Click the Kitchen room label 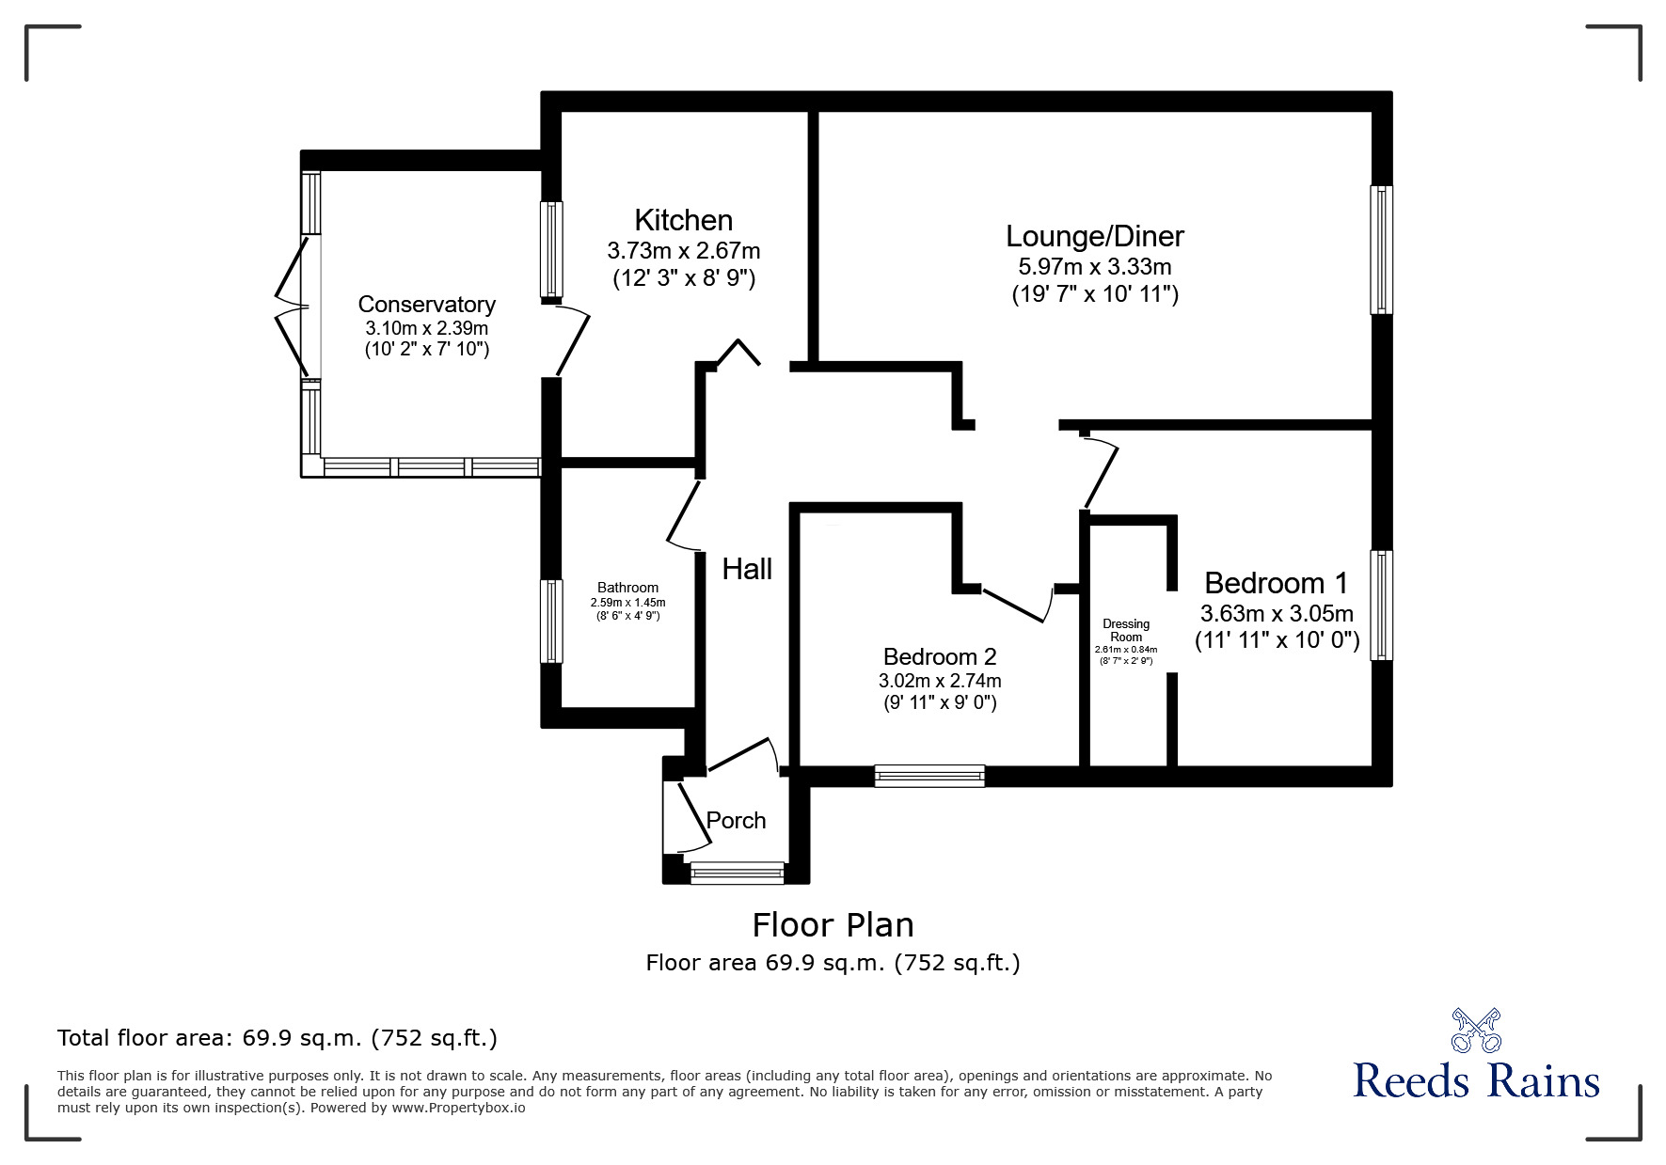[684, 220]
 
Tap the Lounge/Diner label [1095, 236]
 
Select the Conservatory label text [427, 305]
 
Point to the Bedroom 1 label [1277, 583]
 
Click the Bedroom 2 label [940, 656]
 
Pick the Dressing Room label [1126, 630]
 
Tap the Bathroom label [628, 588]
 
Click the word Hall [747, 569]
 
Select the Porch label [737, 821]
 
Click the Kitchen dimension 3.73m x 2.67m [684, 251]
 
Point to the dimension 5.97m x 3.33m [1095, 267]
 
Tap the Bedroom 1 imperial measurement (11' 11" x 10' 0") [1277, 641]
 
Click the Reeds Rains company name [1477, 1080]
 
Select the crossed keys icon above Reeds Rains [1476, 1030]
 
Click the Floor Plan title [833, 925]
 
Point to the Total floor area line [278, 1038]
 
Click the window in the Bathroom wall [551, 621]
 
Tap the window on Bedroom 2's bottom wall [929, 776]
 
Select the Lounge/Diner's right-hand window [1381, 249]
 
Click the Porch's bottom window [738, 873]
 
